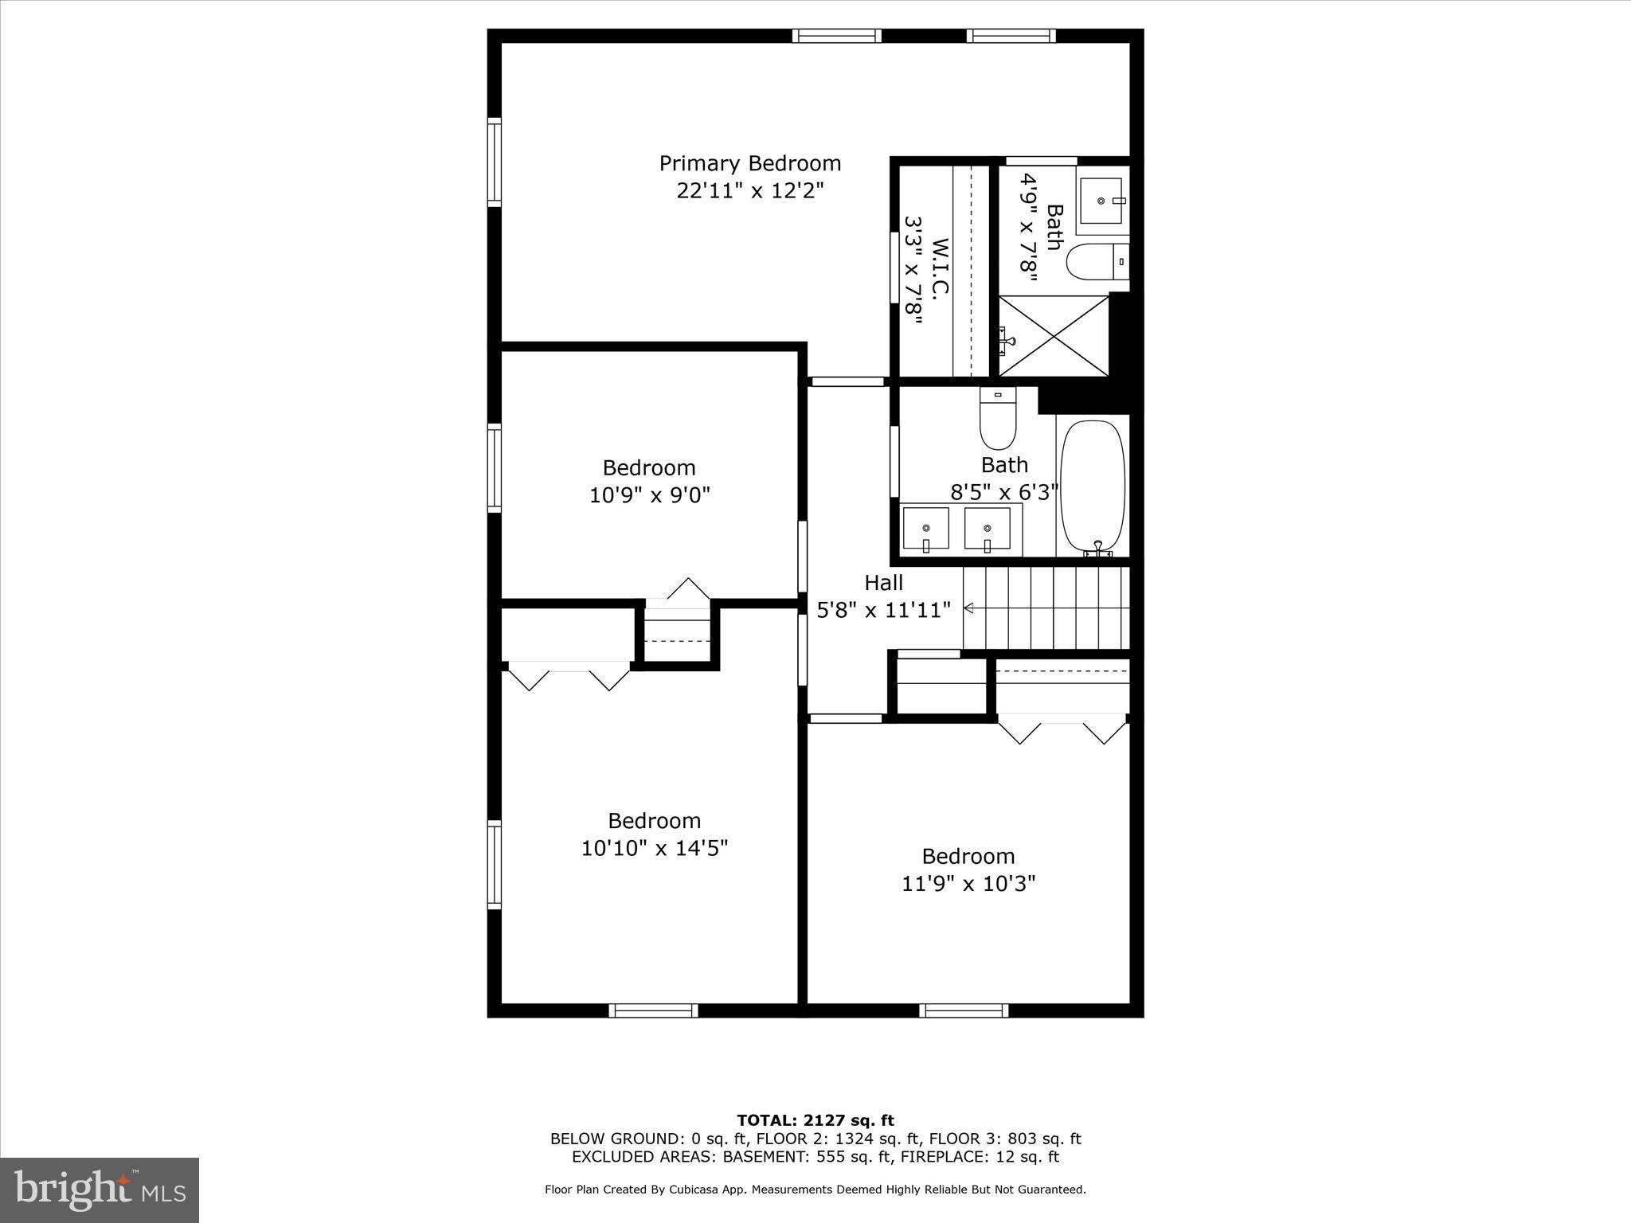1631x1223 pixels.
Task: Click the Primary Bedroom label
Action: (749, 163)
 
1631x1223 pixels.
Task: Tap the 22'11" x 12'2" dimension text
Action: (749, 191)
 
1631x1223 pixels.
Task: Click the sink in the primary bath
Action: (1101, 201)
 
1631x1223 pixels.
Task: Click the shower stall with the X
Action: (1053, 336)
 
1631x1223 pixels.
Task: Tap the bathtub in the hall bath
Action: (1093, 486)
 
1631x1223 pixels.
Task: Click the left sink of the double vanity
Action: (925, 529)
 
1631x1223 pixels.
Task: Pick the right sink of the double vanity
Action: (987, 529)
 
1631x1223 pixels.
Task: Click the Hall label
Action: (883, 583)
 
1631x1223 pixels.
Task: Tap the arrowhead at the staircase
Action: (968, 608)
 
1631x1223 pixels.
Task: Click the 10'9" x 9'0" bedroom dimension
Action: (649, 495)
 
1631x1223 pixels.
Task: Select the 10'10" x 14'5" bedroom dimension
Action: (654, 848)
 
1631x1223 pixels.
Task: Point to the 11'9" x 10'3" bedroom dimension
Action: (968, 884)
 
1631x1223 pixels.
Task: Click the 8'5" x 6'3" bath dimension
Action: (1003, 492)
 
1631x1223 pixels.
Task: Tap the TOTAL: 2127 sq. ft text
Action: (815, 1121)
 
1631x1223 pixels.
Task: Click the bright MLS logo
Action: (100, 1189)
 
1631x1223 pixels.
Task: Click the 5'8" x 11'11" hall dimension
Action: (883, 611)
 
